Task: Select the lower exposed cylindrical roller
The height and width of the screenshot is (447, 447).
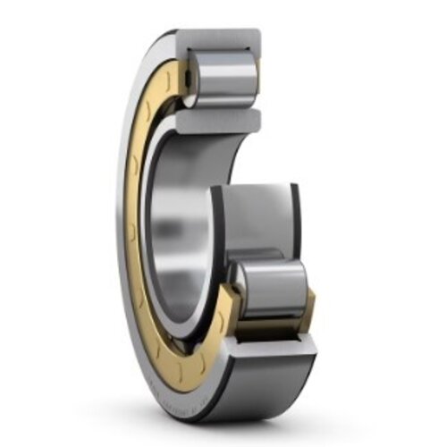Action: [x=268, y=288]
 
